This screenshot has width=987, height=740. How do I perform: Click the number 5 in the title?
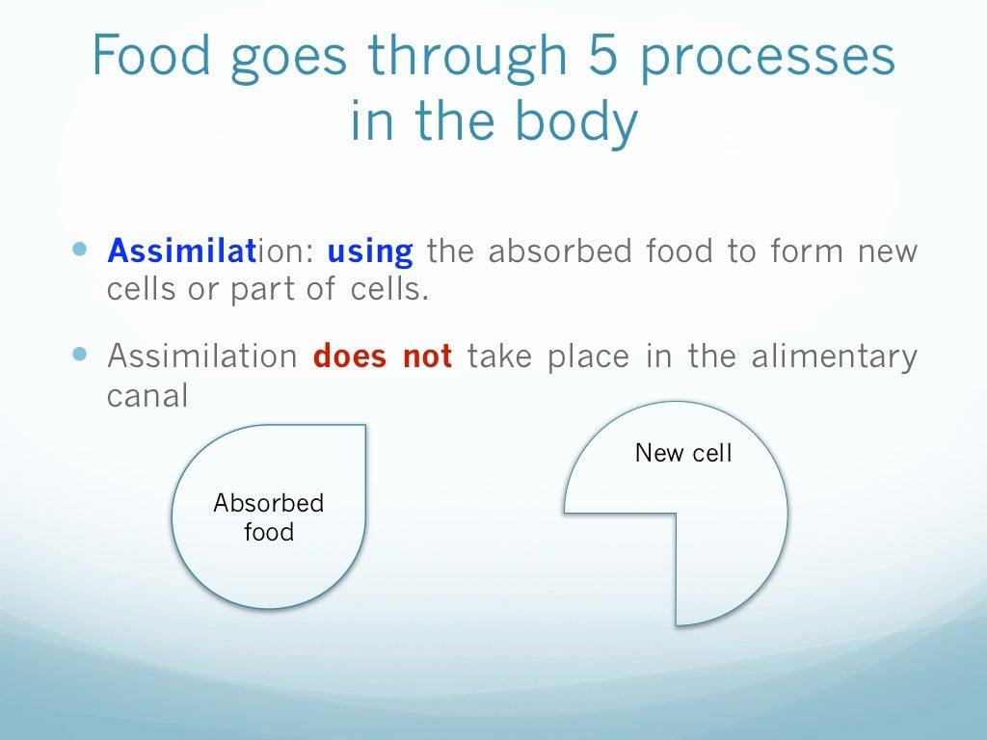pyautogui.click(x=607, y=59)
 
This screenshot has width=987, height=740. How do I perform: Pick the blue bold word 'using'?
pyautogui.click(x=370, y=252)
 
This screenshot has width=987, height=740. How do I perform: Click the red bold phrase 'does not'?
pyautogui.click(x=383, y=357)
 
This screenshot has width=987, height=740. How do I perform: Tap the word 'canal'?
pyautogui.click(x=147, y=395)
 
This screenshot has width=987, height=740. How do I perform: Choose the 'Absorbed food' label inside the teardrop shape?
pyautogui.click(x=269, y=517)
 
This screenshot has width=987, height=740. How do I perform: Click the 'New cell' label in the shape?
pyautogui.click(x=683, y=453)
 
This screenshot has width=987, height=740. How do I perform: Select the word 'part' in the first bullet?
pyautogui.click(x=256, y=291)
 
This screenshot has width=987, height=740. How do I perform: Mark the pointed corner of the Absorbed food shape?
pyautogui.click(x=364, y=426)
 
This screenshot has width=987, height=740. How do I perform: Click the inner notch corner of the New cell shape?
pyautogui.click(x=676, y=513)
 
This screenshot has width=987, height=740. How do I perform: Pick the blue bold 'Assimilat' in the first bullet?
pyautogui.click(x=181, y=252)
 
